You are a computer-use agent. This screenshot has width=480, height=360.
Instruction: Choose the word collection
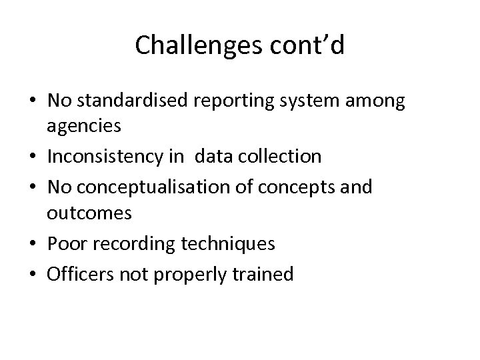pyautogui.click(x=279, y=157)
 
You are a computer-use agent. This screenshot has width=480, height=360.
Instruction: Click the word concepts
pyautogui.click(x=297, y=187)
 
